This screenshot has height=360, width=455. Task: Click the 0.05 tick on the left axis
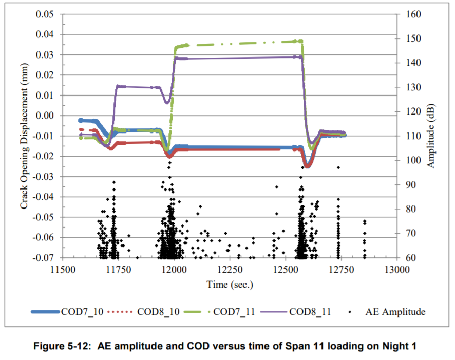click(x=45, y=14)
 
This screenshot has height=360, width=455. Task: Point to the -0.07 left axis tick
click(x=44, y=257)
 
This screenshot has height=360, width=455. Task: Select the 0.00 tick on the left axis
click(x=45, y=116)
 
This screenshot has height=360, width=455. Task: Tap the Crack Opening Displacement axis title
click(x=24, y=136)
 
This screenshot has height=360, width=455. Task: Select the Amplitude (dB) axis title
click(x=431, y=136)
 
